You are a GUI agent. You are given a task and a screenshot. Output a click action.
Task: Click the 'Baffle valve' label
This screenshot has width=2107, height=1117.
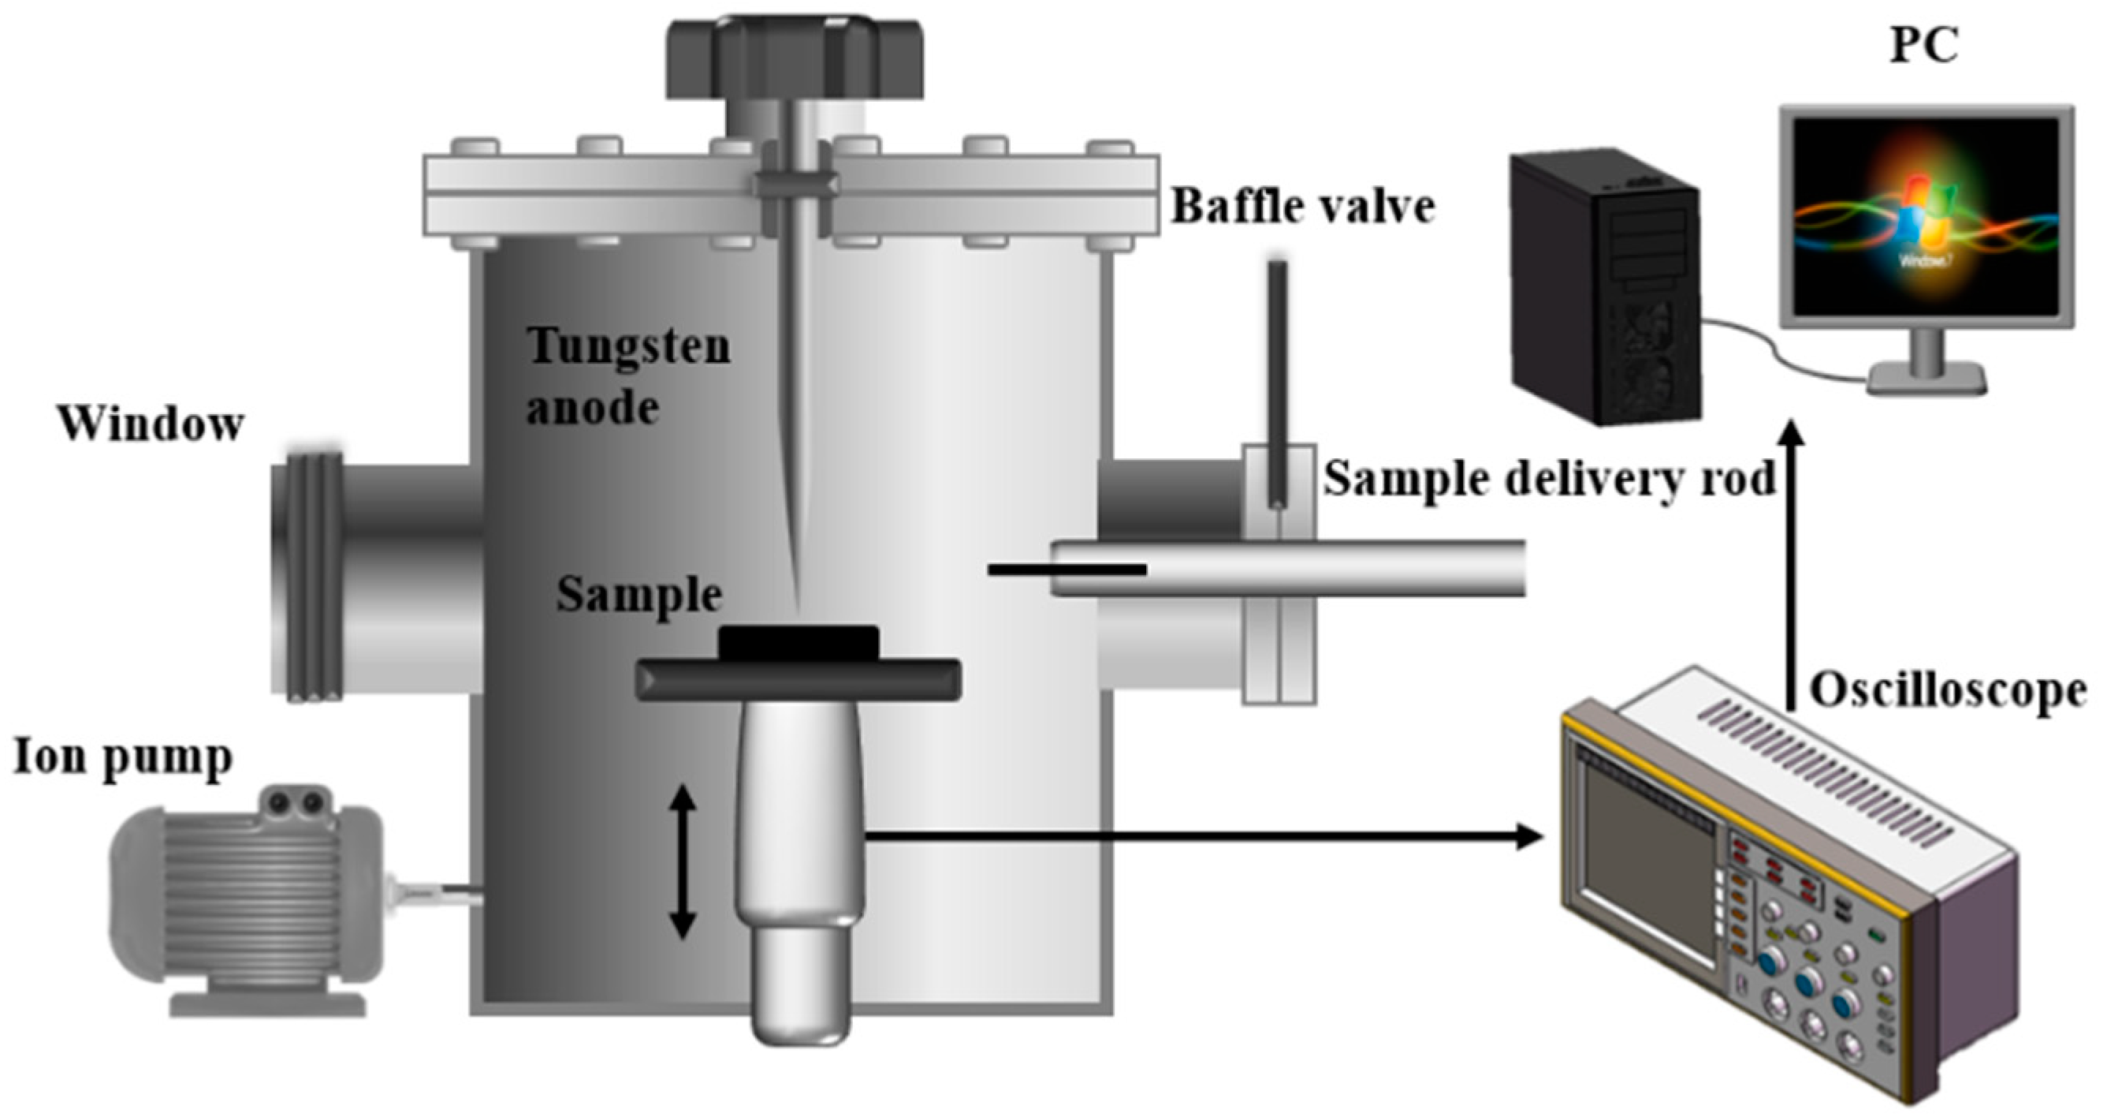[x=1303, y=206]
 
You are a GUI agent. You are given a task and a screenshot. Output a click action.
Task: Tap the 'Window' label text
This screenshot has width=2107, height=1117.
[x=151, y=424]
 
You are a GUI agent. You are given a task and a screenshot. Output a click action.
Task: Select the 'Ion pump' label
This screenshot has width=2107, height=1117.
[x=123, y=758]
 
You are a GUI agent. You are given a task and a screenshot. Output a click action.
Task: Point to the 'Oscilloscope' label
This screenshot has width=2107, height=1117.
[x=1947, y=692]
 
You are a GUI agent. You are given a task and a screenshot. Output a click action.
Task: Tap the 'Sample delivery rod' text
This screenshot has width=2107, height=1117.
[x=1549, y=479]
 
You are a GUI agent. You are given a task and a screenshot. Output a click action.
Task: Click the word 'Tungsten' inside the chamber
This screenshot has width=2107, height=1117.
[x=628, y=346]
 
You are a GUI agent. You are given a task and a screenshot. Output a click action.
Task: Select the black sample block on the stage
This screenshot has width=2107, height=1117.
[x=798, y=643]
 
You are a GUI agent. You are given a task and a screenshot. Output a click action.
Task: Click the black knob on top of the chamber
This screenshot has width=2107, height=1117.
[x=794, y=58]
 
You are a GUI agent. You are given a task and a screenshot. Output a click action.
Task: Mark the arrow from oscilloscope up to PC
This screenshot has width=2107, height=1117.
[x=1791, y=565]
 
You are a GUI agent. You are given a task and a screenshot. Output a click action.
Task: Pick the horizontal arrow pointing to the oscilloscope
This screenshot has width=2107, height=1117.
[x=1202, y=837]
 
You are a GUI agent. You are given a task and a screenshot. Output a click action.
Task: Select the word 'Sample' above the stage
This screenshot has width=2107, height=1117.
[x=638, y=595]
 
